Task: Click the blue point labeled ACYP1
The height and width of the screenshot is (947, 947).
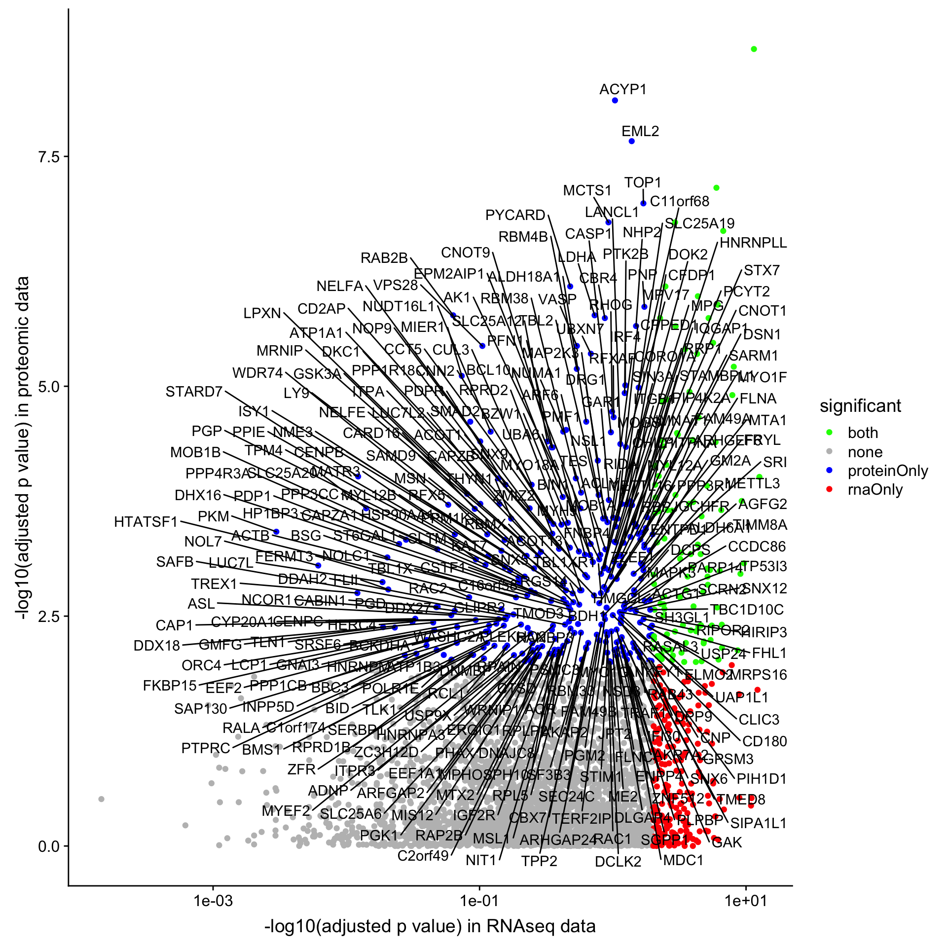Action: click(615, 101)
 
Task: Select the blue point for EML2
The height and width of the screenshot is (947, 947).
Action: click(631, 142)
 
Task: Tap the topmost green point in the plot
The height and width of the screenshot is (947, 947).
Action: click(754, 49)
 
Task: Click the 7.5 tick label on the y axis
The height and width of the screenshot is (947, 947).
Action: click(48, 157)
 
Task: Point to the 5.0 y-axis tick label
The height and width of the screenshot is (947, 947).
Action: click(48, 386)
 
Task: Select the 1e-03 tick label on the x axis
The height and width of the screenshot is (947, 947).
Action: click(213, 901)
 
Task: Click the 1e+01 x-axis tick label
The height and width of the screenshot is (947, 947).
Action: click(745, 901)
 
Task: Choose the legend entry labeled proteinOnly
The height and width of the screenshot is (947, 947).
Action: click(888, 471)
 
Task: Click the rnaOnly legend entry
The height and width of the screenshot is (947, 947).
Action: click(875, 490)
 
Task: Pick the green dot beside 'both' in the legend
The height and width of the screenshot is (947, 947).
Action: click(829, 433)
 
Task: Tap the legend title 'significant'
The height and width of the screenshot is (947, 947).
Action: click(860, 406)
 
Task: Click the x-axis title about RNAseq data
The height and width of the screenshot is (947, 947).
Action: click(430, 926)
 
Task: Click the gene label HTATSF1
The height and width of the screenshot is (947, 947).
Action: click(146, 522)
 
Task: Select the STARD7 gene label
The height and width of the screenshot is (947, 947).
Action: click(194, 392)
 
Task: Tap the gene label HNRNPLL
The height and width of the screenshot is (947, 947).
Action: click(753, 243)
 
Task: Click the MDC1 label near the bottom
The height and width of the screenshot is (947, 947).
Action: click(683, 860)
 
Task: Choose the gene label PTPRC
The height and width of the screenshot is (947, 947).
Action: click(206, 748)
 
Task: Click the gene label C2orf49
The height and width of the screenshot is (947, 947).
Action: click(423, 856)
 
